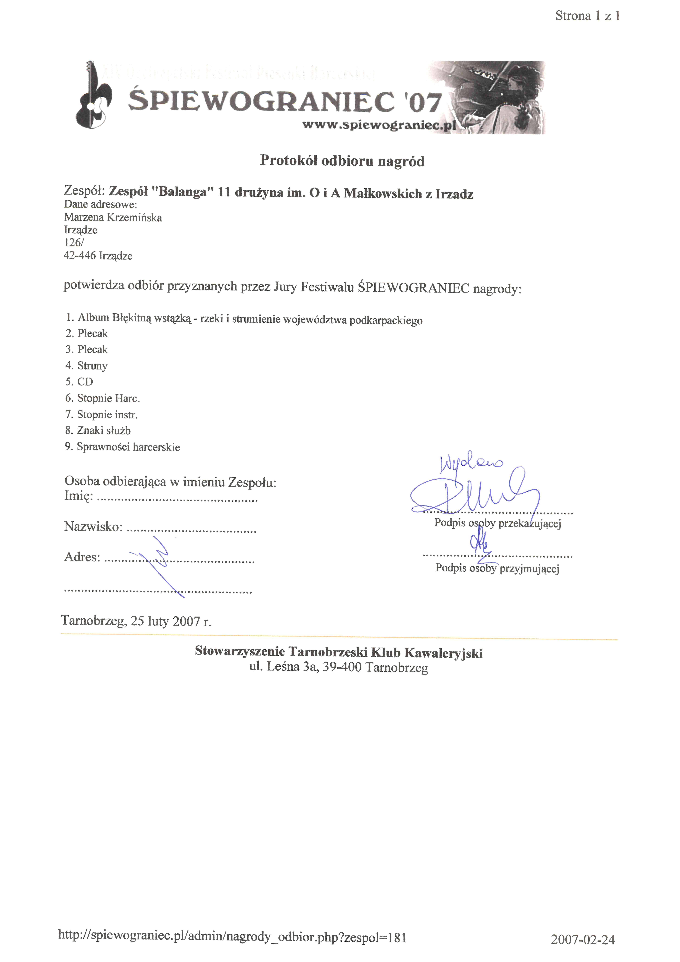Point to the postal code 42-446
click(x=80, y=256)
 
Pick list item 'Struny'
click(x=92, y=366)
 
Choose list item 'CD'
click(x=85, y=382)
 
